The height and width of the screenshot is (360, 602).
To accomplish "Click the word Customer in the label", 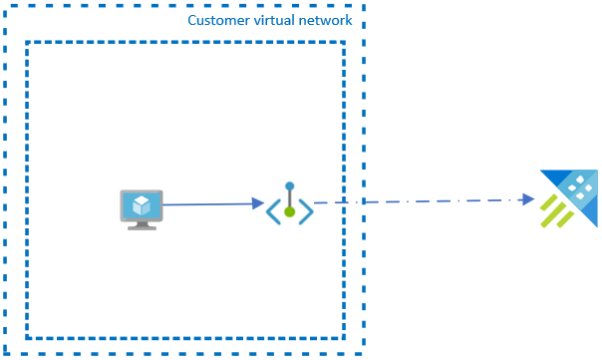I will (x=217, y=21).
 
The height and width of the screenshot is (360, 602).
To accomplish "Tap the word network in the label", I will (x=328, y=21).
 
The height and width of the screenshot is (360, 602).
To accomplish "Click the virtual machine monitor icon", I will (x=142, y=208).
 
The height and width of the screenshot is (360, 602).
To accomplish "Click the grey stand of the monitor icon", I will (x=142, y=225).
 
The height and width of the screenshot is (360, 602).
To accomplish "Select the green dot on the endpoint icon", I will (x=289, y=211).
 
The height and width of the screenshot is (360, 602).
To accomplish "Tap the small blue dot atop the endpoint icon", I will (x=289, y=186).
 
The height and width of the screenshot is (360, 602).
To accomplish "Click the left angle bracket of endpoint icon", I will (x=272, y=210).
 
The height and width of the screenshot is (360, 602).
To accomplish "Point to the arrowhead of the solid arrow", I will (x=259, y=203).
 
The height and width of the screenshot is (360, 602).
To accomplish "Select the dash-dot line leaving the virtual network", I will (x=419, y=201).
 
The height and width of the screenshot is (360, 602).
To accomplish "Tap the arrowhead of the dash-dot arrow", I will (x=529, y=199).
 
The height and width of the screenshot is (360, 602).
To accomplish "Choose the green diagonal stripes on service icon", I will (x=557, y=210).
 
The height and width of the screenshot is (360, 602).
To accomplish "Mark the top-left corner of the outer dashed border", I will (x=4, y=5).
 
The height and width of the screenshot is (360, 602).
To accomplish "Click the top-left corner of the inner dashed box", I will (x=27, y=43).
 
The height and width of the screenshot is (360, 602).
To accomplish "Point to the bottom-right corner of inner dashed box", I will (x=344, y=337).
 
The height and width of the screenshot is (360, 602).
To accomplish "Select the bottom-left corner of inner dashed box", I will (x=27, y=337).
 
